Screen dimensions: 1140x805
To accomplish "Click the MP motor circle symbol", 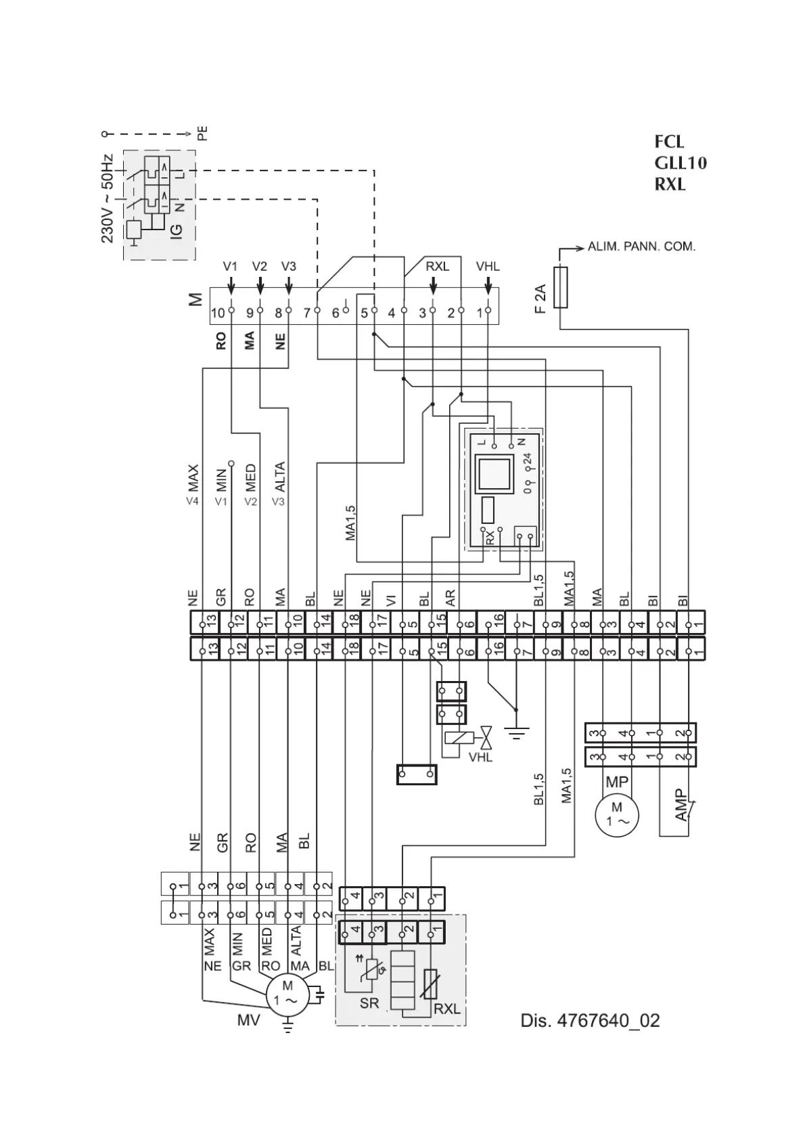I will coord(616,814).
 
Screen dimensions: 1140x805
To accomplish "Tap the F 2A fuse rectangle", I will coord(560,288).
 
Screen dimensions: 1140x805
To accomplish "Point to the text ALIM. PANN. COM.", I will coord(641,246).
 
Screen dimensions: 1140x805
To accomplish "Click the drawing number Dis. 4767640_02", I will coord(590,1020).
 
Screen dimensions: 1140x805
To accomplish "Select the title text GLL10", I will coord(680,163).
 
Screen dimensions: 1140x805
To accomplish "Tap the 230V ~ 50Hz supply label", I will coord(108,198).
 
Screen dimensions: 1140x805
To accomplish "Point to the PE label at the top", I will coord(202,133).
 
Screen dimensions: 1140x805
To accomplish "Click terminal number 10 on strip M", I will coord(217,313).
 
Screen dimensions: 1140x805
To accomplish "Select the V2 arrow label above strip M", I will coord(260,267).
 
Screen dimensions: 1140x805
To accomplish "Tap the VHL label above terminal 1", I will coord(487,267).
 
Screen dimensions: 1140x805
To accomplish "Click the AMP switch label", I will coord(681,806).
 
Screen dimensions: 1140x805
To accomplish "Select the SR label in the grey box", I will coord(369,1003).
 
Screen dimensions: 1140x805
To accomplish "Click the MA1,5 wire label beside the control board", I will coord(350,522).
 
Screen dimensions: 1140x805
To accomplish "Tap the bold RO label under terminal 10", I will coord(221,342).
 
